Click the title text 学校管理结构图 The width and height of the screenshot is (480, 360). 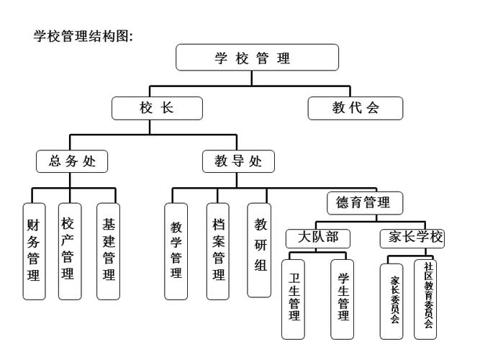[83, 35]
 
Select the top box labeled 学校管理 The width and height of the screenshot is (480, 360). [257, 58]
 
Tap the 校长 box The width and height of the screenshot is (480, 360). [157, 108]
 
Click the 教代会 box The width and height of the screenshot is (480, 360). [355, 108]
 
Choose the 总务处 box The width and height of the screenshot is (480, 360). [72, 161]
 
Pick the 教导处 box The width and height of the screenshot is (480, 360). [238, 161]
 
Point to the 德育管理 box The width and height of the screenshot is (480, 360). [363, 202]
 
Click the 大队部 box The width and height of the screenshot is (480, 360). [318, 237]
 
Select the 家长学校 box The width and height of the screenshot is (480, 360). [412, 237]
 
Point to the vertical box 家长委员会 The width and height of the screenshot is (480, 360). [394, 301]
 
